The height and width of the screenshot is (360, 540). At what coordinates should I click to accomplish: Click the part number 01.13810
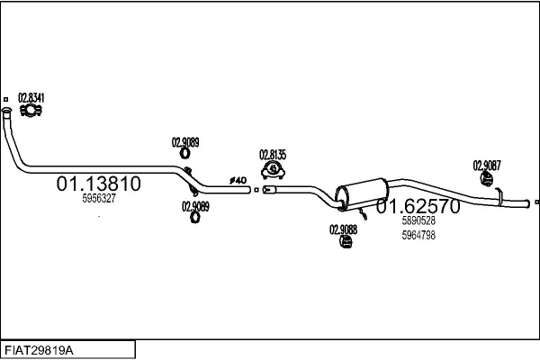(x=98, y=184)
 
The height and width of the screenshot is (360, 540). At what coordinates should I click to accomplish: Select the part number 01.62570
(x=418, y=206)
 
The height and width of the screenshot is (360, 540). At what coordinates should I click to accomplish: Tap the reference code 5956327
(x=99, y=198)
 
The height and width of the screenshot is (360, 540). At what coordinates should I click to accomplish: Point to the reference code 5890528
(x=418, y=220)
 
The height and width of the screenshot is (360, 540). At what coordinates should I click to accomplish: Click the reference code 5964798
(x=418, y=235)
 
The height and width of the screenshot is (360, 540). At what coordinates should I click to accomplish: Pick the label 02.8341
(x=31, y=98)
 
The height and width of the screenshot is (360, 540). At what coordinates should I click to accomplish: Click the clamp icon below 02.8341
(x=31, y=111)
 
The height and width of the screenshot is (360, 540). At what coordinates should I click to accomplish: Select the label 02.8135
(x=273, y=155)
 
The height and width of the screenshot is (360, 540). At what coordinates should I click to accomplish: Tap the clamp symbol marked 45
(x=273, y=170)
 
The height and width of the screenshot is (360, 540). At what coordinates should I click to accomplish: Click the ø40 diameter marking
(x=238, y=180)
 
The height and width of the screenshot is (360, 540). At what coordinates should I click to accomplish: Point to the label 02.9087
(x=487, y=166)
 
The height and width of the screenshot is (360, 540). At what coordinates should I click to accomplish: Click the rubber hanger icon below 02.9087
(x=487, y=179)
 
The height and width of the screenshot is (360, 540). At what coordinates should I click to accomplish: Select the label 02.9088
(x=344, y=229)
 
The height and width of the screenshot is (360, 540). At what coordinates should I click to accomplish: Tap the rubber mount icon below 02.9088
(x=346, y=242)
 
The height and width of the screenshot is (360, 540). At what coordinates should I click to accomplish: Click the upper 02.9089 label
(x=185, y=142)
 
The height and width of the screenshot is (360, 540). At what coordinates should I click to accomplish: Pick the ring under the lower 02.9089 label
(x=195, y=218)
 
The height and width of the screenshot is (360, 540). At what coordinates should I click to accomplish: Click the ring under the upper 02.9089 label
(x=184, y=153)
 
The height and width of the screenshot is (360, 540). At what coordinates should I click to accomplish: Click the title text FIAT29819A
(x=39, y=351)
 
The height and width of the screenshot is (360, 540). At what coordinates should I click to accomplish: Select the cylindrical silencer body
(x=362, y=194)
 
